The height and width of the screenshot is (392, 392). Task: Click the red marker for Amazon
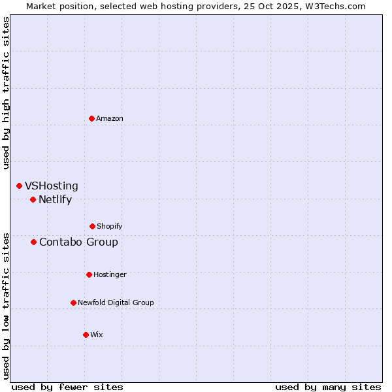(x=91, y=118)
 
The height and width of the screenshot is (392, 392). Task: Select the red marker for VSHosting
(x=19, y=186)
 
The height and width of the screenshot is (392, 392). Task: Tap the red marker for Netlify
(x=33, y=199)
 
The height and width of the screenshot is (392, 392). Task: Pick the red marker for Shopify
(x=92, y=226)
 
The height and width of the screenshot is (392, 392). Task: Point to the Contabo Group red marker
(x=33, y=242)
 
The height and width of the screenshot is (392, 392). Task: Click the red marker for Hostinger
(x=89, y=274)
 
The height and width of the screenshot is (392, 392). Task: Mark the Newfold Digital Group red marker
(x=73, y=302)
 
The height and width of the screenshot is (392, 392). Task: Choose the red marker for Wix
(x=86, y=335)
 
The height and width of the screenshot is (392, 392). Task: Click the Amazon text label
(x=110, y=118)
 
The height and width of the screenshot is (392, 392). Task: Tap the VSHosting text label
(x=52, y=186)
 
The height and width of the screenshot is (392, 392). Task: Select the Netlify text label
(x=55, y=200)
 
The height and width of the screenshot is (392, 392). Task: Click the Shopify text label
(x=110, y=226)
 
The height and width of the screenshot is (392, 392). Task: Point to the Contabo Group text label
(x=78, y=242)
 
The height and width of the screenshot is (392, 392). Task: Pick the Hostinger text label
(x=110, y=274)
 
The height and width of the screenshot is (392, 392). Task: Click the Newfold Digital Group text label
(x=116, y=302)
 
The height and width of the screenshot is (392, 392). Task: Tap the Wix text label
(x=97, y=335)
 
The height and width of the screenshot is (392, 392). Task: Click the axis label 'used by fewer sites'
(x=67, y=387)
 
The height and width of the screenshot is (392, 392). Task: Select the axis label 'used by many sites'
(x=328, y=387)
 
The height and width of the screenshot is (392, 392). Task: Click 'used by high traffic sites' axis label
(x=6, y=93)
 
